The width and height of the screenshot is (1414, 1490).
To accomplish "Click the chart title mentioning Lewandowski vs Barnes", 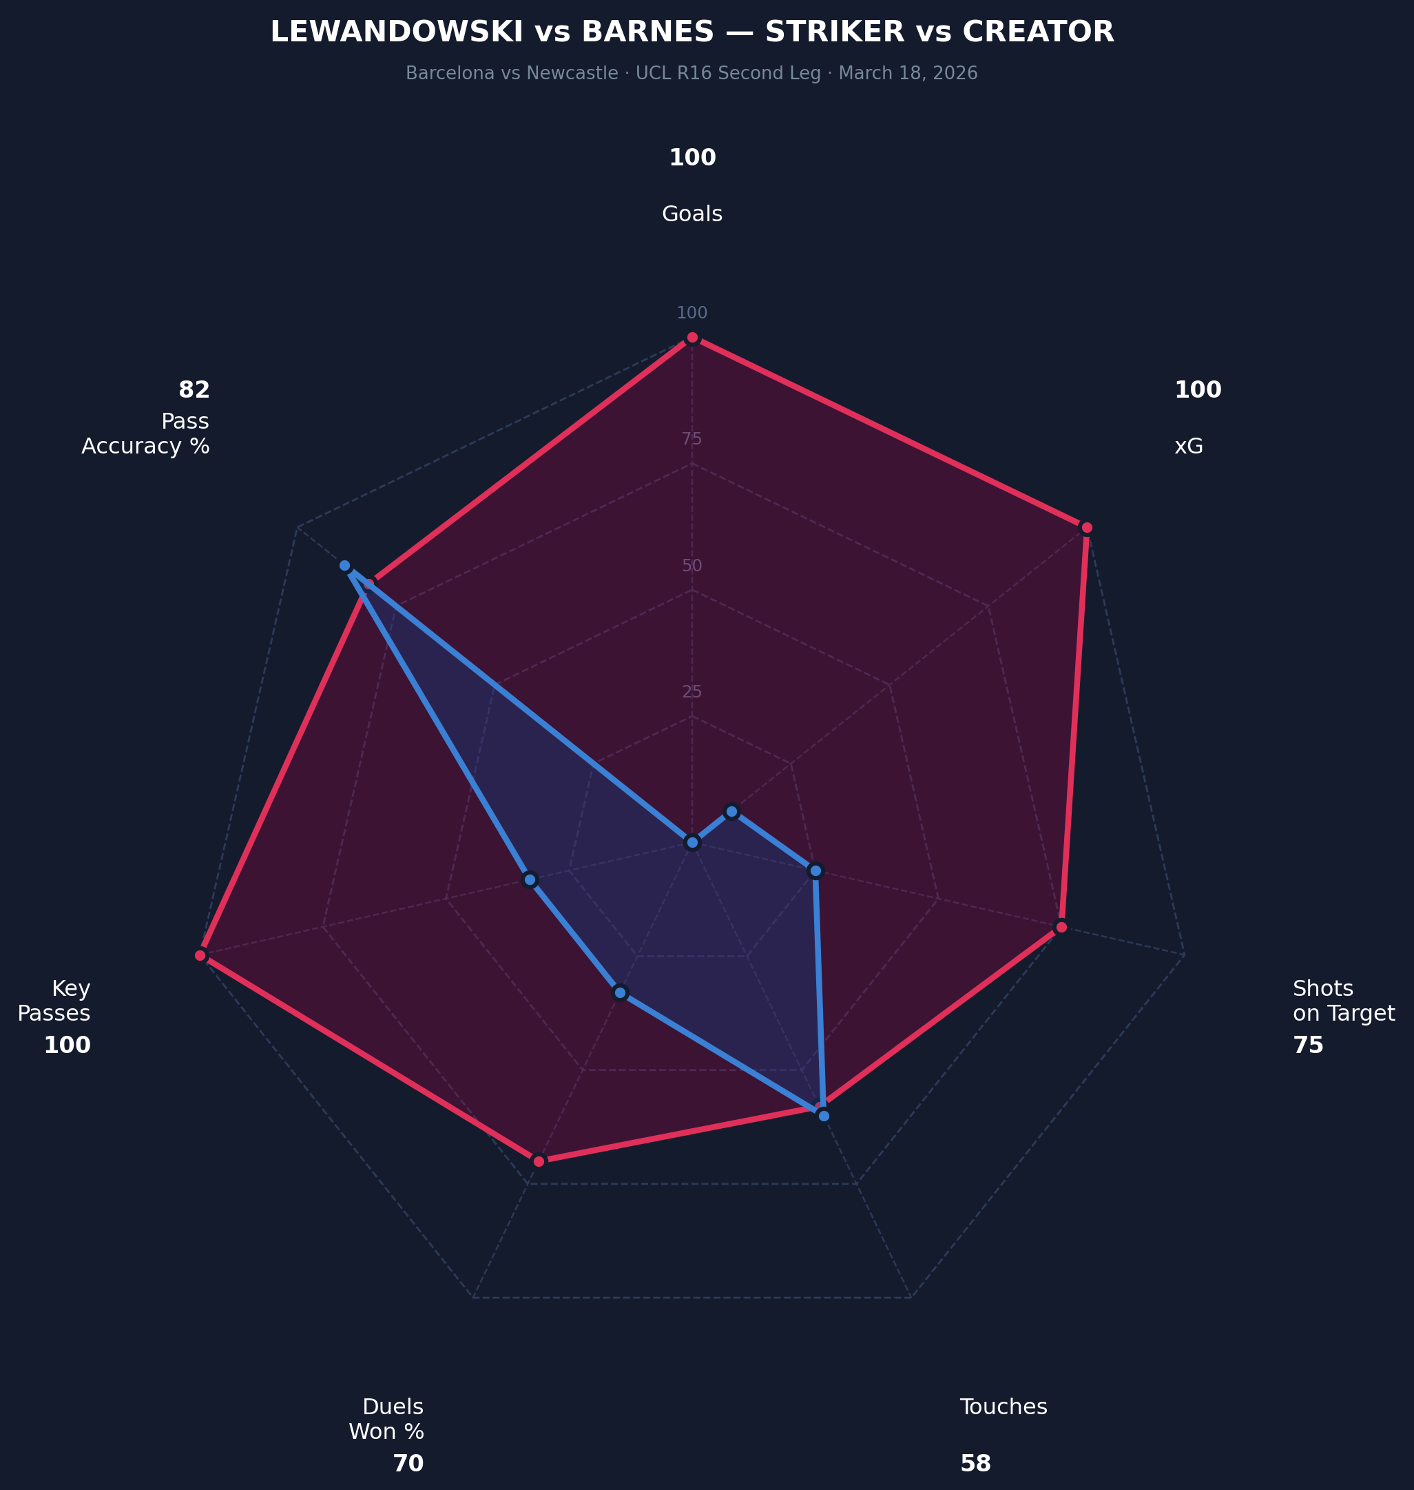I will pos(692,32).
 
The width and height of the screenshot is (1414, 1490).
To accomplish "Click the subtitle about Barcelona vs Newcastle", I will pos(692,73).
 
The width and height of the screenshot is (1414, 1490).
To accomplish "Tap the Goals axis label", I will pos(692,214).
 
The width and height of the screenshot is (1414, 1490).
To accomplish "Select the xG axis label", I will pos(1189,447).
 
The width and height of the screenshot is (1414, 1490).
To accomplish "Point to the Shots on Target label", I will pos(1343,1001).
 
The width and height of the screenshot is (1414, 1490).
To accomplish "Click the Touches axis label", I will pos(1004,1407).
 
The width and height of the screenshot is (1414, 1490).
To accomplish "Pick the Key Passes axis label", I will pos(54,1001).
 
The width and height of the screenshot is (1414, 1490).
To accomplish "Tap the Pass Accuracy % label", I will pos(145,433).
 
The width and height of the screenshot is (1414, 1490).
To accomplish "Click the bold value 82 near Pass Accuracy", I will pos(194,390).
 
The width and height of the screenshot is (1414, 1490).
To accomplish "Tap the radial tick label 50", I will pos(692,566).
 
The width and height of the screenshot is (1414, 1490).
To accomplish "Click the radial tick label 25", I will pos(692,691).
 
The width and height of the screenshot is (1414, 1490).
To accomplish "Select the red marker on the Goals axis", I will pos(692,338).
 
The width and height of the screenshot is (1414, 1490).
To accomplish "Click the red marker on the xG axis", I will pos(1086,527).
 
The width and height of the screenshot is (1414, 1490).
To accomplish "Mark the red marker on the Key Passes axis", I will pos(200,955).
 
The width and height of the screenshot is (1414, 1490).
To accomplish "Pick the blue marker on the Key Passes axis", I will pos(530,880).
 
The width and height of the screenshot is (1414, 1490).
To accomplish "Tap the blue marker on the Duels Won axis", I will pos(620,992).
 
